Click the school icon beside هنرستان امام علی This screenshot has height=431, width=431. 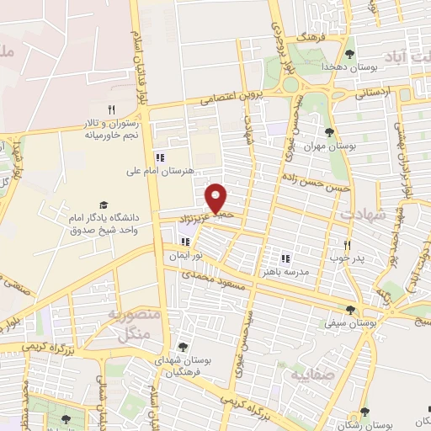click(x=160, y=157)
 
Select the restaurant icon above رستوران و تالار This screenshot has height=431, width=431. click(x=110, y=109)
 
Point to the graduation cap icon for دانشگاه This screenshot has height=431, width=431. click(x=104, y=205)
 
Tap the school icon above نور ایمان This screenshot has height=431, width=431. click(x=185, y=242)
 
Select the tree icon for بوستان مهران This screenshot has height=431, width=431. click(x=329, y=132)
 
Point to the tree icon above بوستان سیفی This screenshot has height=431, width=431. click(x=362, y=309)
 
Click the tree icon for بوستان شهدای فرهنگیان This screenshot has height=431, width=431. click(x=183, y=346)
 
